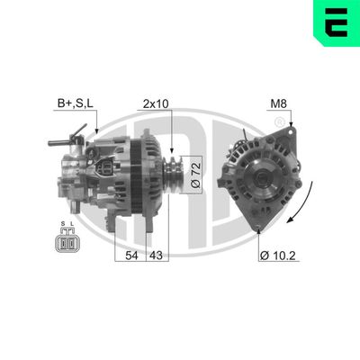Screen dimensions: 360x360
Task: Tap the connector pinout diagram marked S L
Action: click(x=67, y=242)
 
